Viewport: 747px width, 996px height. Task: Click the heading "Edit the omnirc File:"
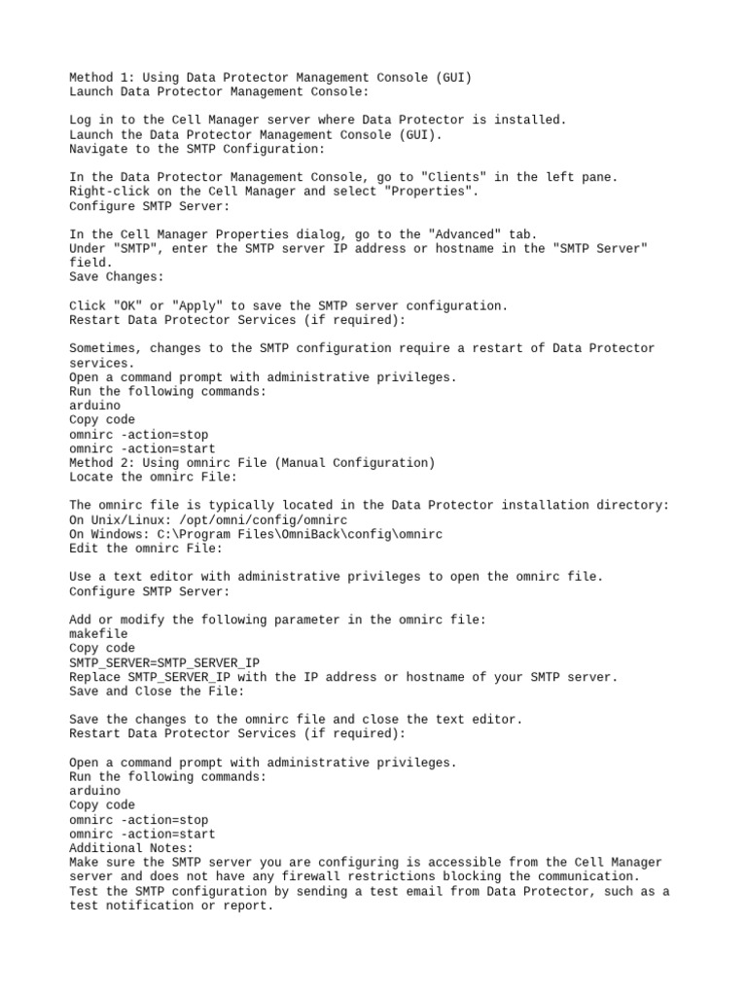click(146, 549)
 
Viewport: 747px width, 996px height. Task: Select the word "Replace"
click(97, 677)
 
